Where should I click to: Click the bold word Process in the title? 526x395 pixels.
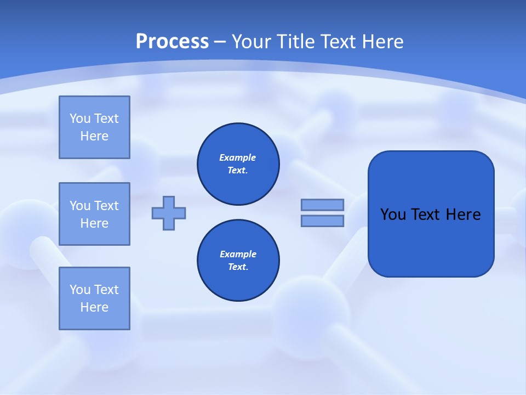(172, 41)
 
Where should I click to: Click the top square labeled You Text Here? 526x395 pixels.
(94, 127)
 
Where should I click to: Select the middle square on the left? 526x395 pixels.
(94, 214)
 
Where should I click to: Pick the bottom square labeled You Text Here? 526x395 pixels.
(94, 298)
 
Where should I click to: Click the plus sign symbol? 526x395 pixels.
(169, 213)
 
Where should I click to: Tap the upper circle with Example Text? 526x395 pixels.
(238, 164)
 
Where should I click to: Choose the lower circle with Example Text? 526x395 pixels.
(238, 261)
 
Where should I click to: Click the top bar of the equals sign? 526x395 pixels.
(322, 205)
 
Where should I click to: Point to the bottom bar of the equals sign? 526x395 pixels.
(322, 221)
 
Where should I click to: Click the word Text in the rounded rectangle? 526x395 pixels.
(425, 215)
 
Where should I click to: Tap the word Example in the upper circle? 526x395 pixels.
(238, 157)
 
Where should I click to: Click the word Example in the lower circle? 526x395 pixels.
(238, 254)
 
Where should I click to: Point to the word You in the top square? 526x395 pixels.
(80, 119)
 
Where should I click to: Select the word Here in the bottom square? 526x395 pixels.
(94, 307)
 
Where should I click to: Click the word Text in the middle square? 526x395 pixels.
(106, 206)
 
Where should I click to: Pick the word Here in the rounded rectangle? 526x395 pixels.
(463, 215)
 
